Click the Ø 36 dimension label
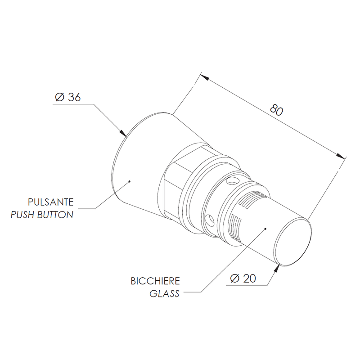point(68,97)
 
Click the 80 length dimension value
point(276,110)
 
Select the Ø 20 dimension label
point(243,279)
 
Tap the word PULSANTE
point(51,202)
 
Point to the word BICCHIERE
point(155,281)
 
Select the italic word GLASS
point(164,294)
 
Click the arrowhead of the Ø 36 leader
point(124,134)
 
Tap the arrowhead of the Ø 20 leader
point(277,268)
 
